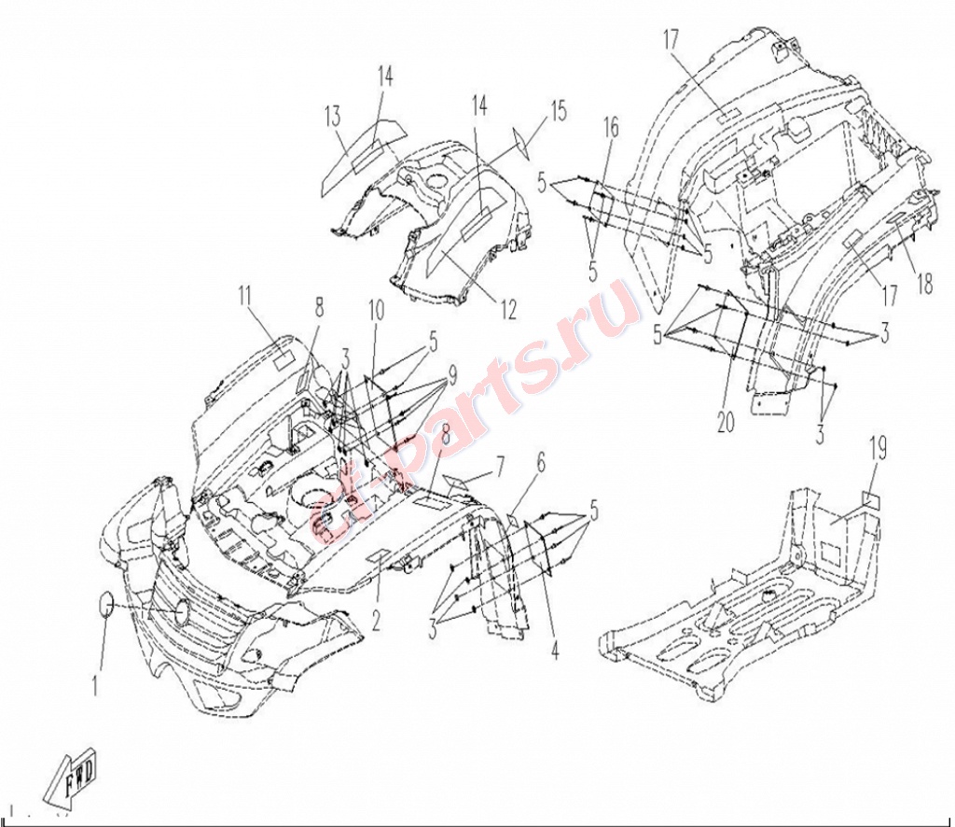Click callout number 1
[x=95, y=686]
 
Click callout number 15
[x=558, y=111]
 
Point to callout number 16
[x=611, y=128]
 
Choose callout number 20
[x=726, y=422]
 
